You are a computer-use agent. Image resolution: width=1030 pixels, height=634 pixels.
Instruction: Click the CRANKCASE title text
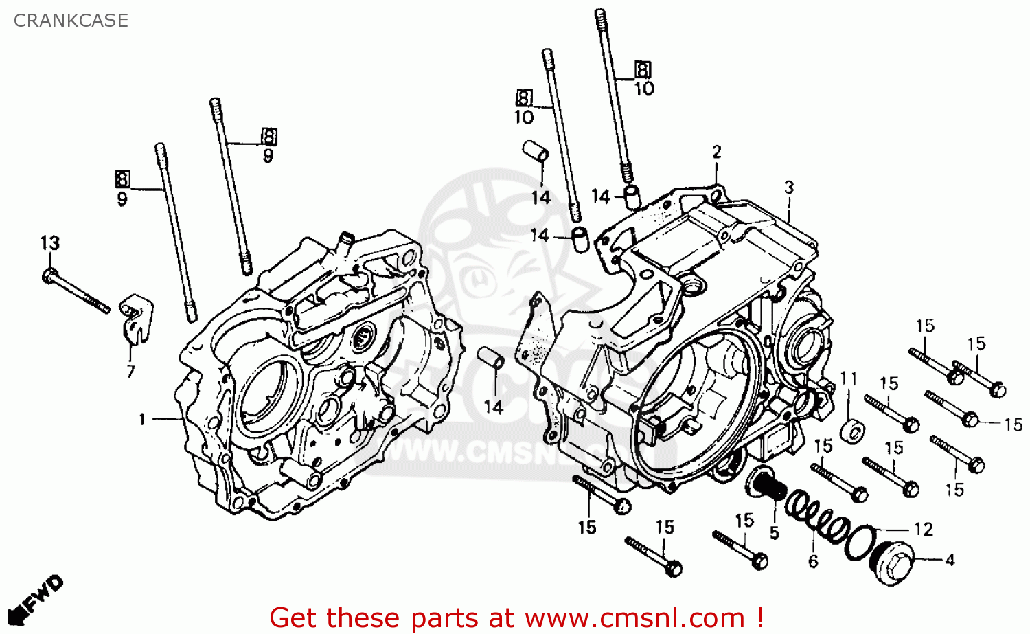pos(71,21)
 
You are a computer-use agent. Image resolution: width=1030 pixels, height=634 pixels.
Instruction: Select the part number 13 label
pos(49,243)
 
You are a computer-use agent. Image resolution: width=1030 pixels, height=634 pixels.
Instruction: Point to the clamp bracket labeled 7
pos(137,319)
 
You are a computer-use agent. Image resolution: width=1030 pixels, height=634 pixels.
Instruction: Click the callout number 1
pos(142,419)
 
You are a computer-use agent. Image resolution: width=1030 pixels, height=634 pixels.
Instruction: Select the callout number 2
pos(717,152)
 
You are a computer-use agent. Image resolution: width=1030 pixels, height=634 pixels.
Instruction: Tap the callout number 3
pos(789,187)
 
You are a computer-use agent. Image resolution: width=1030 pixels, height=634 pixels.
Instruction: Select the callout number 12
pos(924,530)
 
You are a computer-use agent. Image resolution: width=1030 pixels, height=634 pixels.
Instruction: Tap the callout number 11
pos(849,378)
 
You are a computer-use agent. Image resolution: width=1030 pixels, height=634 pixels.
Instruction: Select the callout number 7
pos(130,372)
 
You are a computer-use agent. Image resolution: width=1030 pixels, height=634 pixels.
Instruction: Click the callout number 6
pos(813,562)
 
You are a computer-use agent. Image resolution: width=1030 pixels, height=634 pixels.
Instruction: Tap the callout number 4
pos(950,561)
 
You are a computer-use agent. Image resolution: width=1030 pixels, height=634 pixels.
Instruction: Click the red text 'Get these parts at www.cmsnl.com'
pos(516,618)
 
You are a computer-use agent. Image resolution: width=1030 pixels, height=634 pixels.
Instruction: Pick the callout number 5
pos(774,533)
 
